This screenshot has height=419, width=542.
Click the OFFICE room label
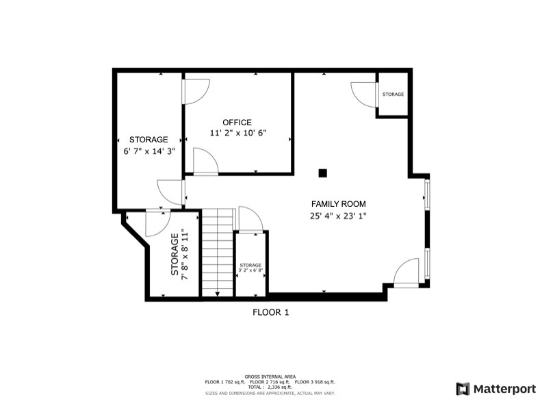point(237,123)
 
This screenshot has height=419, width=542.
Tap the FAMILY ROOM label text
point(338,204)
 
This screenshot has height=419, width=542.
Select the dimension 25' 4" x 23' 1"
point(338,216)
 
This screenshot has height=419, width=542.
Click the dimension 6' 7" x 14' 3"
point(149,151)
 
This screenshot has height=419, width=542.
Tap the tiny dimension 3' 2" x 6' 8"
point(250,271)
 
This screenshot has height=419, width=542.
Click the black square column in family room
point(323,173)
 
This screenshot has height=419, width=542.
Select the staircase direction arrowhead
point(218,294)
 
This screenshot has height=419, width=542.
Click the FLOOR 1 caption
point(271,312)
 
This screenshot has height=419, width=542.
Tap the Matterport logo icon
point(463,389)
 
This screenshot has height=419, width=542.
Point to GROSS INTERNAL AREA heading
point(270,377)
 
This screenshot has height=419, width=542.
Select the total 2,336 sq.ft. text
point(270,388)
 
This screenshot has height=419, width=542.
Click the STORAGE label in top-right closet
point(393,94)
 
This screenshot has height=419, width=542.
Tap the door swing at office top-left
point(196,92)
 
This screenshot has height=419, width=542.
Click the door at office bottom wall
point(205,162)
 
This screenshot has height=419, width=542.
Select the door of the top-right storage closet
point(363,93)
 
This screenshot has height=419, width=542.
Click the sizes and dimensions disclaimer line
point(270,393)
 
